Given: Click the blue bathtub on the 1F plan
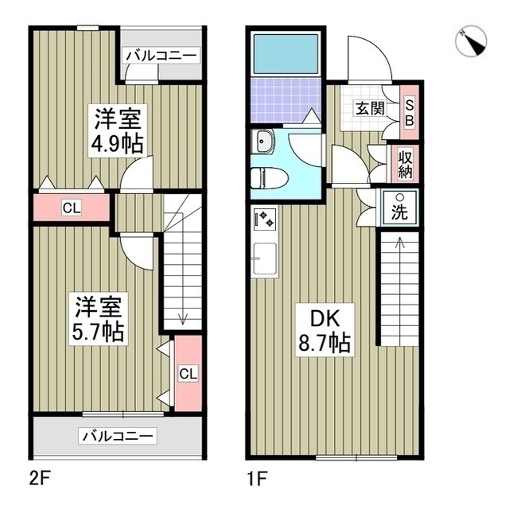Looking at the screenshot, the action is pos(286,54).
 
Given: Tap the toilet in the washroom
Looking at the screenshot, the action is pos(270,177).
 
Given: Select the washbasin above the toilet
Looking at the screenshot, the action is pos(263,141).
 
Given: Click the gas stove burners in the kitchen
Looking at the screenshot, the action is pos(265,219).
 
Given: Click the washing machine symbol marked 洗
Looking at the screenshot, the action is pos(399,208).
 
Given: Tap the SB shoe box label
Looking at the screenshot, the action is pos(410,112).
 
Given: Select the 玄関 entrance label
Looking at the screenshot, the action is pos(370,108).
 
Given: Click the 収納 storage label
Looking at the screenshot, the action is pos(406,165).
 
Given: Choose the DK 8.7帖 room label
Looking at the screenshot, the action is pos(324,330).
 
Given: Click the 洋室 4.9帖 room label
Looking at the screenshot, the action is pos(118,130).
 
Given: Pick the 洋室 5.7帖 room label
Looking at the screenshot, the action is pos(98,319).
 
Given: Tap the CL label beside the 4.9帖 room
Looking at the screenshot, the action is pos(72,208).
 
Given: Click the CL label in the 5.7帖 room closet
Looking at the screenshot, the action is pos(188,374).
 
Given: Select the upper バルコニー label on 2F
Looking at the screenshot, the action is pos(161,55).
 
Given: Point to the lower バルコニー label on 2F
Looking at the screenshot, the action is pos(118,436).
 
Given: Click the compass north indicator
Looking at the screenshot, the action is pos(471,42).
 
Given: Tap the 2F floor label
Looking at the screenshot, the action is pos(39,479).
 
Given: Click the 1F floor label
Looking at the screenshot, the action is pos(257,479).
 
